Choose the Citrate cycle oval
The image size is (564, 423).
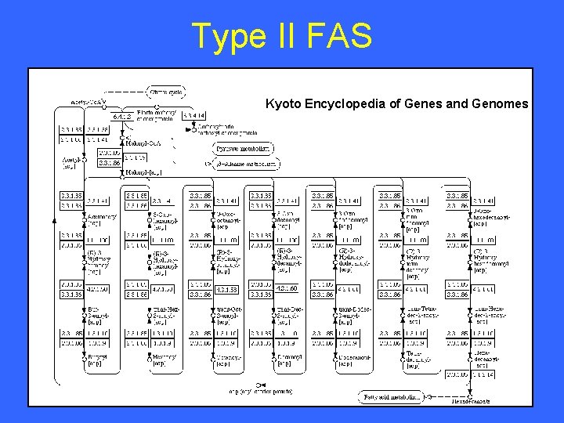point(166,92)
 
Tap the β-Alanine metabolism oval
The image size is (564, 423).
point(247,164)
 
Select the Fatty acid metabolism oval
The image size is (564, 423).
point(392,397)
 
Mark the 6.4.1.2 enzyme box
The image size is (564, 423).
point(121,117)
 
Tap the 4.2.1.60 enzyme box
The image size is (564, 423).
point(284,287)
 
